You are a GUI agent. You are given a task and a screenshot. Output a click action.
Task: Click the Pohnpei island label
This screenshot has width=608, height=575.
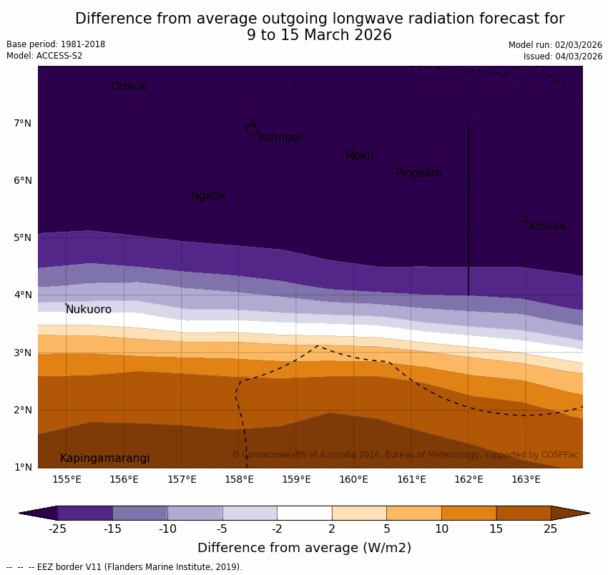[x=280, y=138]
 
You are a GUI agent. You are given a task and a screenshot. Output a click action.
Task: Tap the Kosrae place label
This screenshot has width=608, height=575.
[x=547, y=226]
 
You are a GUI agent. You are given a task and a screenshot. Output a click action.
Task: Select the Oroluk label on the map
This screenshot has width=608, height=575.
[x=128, y=87]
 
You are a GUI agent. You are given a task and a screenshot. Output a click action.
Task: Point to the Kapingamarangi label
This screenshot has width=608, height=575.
[x=104, y=458]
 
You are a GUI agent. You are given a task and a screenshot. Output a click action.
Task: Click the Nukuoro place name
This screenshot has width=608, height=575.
[x=89, y=310]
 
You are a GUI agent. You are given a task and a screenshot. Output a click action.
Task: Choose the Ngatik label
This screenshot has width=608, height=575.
[x=208, y=196]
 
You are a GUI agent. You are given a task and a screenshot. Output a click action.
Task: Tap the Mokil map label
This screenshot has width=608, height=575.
[x=359, y=156]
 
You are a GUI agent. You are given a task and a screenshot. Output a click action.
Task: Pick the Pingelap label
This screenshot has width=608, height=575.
[x=418, y=173]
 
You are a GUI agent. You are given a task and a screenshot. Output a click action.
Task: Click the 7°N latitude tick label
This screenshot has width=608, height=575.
[x=22, y=123]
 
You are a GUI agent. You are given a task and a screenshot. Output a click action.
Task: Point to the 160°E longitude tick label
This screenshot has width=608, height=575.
[x=353, y=479]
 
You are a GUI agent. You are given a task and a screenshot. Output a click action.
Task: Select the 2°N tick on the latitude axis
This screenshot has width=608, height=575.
[x=22, y=410]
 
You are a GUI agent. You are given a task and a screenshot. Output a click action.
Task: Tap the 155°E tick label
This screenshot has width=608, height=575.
[x=67, y=479]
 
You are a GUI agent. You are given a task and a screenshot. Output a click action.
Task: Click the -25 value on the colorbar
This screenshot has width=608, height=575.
[x=57, y=529]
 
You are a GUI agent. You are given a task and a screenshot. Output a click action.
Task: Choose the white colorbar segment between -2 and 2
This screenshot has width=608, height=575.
[x=304, y=513]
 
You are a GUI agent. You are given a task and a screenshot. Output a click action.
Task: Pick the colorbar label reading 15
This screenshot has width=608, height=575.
[x=496, y=529]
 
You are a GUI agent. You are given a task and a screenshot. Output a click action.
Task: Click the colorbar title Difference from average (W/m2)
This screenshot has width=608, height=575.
[x=304, y=549]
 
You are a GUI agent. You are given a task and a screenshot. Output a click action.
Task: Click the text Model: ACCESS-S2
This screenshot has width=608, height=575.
[x=44, y=56]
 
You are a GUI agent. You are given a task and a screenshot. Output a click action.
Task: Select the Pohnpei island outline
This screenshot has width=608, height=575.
[x=251, y=129]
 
